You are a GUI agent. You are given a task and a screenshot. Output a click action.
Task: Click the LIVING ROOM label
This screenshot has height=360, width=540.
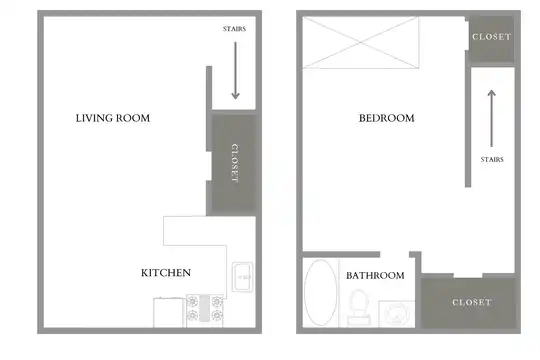click(x=113, y=118)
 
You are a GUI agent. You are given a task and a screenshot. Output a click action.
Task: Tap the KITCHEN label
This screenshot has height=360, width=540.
click(x=166, y=273)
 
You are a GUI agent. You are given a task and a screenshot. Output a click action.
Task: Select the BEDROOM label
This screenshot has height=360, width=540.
click(x=386, y=118)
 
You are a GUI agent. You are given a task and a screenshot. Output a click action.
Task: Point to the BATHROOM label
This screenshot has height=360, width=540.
click(x=375, y=276)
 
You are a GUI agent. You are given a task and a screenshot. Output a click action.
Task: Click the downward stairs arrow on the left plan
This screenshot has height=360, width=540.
click(x=236, y=70)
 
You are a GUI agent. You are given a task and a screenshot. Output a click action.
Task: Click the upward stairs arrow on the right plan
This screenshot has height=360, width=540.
click(x=492, y=119)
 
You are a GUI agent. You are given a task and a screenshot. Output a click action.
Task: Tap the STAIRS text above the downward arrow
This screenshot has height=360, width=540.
click(x=234, y=29)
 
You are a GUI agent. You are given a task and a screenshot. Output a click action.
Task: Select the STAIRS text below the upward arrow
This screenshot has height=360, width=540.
click(x=492, y=160)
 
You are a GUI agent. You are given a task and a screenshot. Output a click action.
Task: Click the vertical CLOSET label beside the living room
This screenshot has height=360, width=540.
click(x=235, y=163)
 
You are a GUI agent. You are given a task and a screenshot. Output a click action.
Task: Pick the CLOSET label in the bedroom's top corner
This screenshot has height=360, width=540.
click(x=491, y=37)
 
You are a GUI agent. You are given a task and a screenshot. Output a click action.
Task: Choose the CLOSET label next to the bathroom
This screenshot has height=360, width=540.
click(x=472, y=302)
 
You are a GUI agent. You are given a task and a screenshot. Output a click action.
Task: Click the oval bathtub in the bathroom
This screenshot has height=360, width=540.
click(x=321, y=292)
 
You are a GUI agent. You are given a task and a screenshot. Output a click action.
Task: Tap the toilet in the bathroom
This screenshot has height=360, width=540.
click(x=359, y=307)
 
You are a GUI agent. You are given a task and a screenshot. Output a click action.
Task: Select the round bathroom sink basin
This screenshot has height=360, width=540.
click(x=397, y=314)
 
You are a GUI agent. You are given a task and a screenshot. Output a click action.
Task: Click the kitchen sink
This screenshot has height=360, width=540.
click(x=243, y=277)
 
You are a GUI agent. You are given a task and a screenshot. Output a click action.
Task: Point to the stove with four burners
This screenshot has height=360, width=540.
click(x=205, y=310)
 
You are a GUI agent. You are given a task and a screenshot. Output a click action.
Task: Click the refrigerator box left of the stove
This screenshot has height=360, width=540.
click(x=168, y=312)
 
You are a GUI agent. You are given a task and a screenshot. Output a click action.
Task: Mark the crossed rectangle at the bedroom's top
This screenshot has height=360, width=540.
click(x=361, y=43)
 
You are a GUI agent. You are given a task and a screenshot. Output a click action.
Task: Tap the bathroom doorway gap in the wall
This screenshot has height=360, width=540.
click(x=394, y=255)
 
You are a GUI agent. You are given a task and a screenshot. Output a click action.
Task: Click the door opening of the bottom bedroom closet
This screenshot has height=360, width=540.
click(x=468, y=276)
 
